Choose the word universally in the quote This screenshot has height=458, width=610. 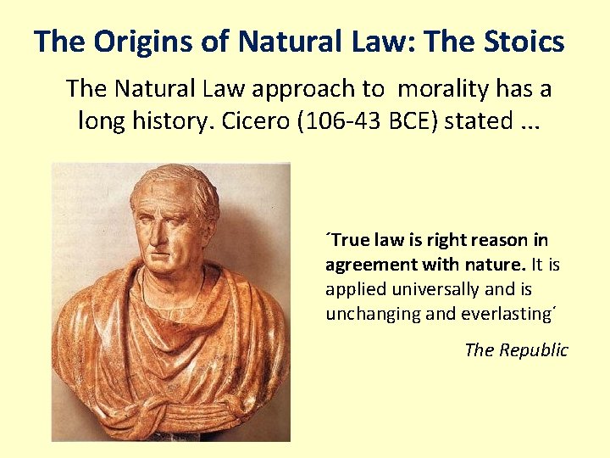[x=424, y=289]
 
